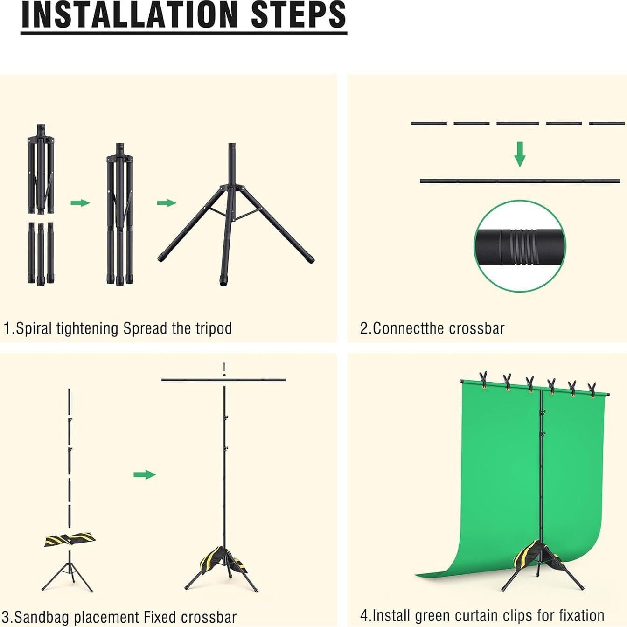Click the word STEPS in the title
[x=299, y=15]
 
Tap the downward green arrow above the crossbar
[x=520, y=154]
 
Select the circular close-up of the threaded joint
[x=520, y=246]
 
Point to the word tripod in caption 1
[x=214, y=328]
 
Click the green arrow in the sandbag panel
[x=144, y=474]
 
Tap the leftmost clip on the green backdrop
[x=483, y=379]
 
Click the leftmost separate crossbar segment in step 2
[x=429, y=123]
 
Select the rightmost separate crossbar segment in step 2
[x=606, y=123]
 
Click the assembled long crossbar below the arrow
[x=520, y=181]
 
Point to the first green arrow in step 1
[x=80, y=202]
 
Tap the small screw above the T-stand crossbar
[x=224, y=369]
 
